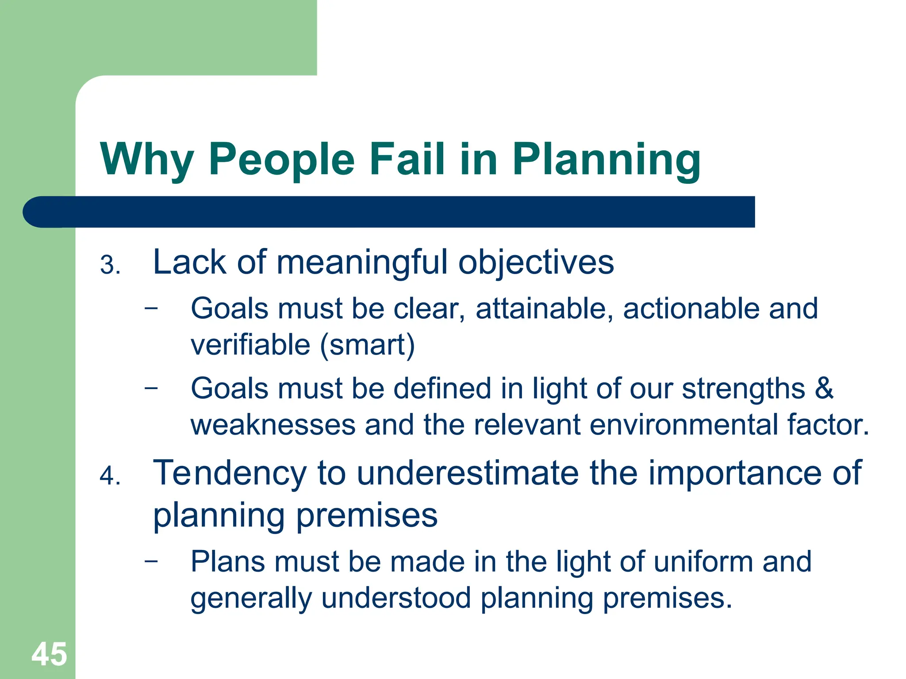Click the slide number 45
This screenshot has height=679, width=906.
coord(49,654)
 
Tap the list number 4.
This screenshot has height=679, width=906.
coord(110,476)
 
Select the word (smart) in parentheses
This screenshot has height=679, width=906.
coord(367,345)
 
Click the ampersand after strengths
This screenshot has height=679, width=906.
coord(824,389)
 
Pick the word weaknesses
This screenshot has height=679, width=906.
coord(273,425)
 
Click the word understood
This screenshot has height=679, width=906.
coord(396,598)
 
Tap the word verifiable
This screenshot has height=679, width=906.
coord(250,345)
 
